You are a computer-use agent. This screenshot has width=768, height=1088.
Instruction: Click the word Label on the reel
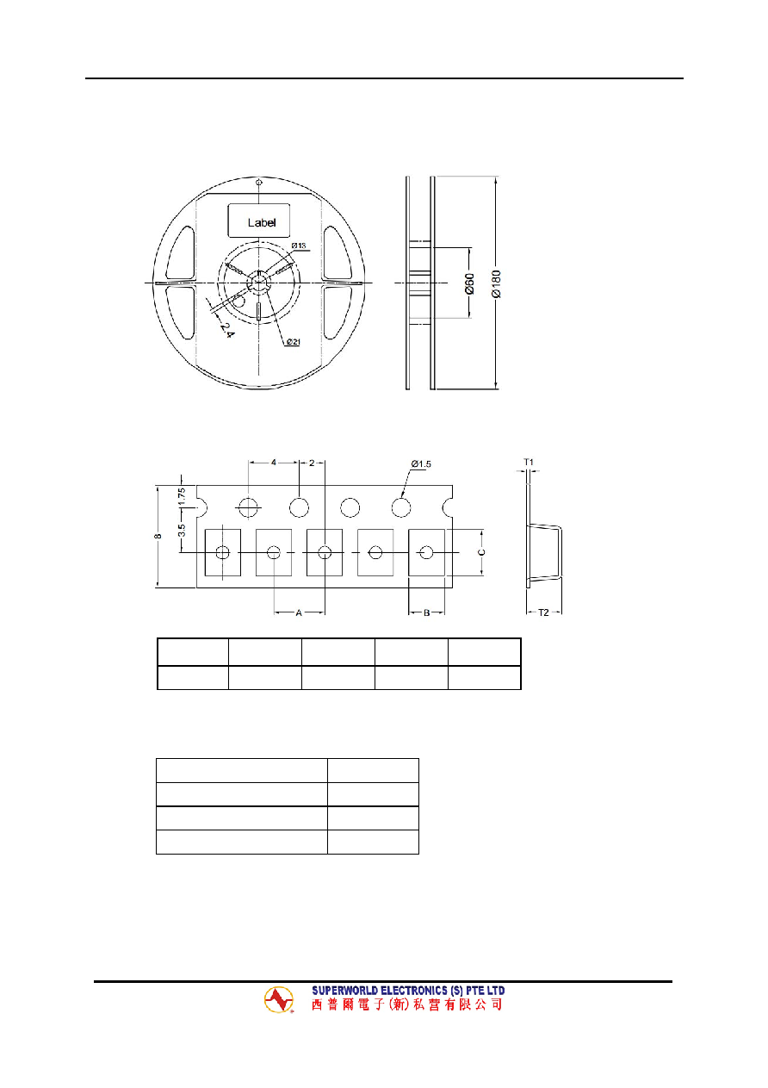tap(261, 222)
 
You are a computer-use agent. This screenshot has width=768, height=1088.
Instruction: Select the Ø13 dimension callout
tap(299, 246)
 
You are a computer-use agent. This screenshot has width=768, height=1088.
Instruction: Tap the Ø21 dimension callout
tap(293, 342)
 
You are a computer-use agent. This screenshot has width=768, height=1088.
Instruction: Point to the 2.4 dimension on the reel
tap(226, 329)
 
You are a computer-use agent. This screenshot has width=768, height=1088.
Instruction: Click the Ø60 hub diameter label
tap(469, 283)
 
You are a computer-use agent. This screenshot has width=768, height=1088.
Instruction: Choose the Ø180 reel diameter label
tap(496, 283)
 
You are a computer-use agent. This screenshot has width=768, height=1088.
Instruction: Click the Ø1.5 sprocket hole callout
tap(421, 463)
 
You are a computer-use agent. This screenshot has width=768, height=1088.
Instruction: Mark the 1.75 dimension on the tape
tap(182, 497)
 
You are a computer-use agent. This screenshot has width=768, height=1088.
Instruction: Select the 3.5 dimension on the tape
tap(182, 530)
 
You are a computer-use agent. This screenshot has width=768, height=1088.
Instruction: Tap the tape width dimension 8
tap(158, 536)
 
